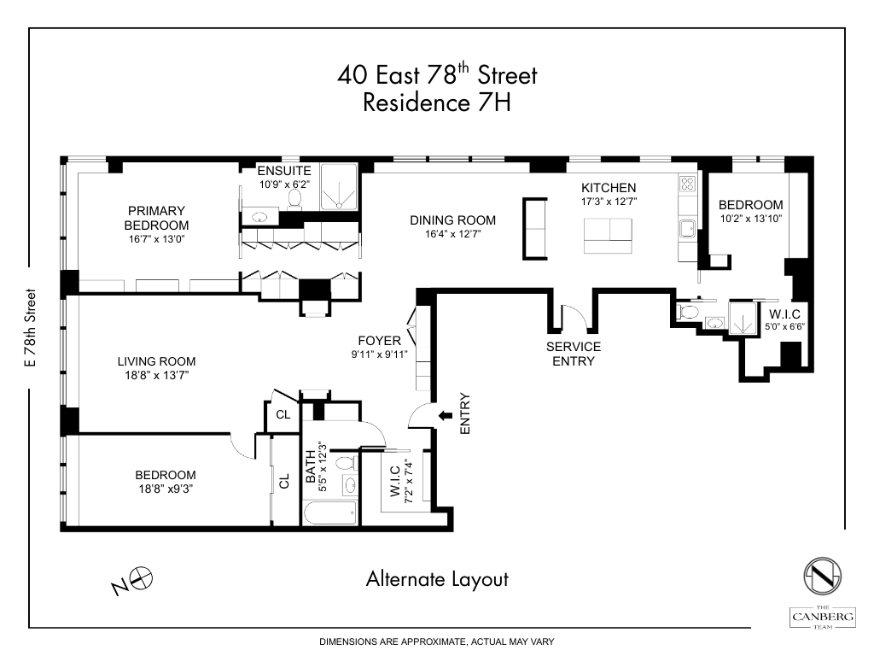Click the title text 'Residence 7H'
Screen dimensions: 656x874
437,102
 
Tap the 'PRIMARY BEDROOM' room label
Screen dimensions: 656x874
156,218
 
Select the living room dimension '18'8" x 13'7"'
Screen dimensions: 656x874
156,373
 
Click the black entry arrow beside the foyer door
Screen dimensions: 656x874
446,415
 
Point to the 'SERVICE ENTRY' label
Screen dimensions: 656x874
574,354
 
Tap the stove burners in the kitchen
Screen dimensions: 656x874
686,184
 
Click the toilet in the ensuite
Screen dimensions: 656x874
295,197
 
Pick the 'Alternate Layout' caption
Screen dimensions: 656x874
437,579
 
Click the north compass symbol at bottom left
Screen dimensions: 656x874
141,578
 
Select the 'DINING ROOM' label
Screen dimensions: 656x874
452,220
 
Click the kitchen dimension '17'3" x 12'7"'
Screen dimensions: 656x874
609,202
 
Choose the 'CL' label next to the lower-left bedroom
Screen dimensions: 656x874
284,480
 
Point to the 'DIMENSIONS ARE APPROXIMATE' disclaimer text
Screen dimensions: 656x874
437,641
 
